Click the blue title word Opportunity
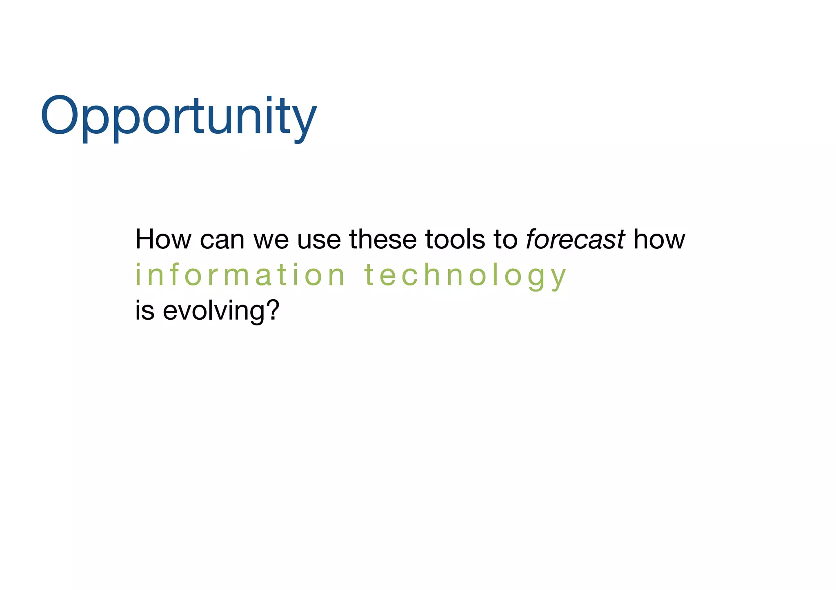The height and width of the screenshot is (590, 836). click(178, 116)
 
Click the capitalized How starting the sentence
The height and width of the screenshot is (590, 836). click(163, 239)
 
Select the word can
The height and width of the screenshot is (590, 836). click(222, 240)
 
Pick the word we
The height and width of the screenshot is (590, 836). click(271, 240)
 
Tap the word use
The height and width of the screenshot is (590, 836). click(319, 240)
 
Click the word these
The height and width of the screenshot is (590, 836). click(382, 239)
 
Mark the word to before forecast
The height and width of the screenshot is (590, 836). click(505, 240)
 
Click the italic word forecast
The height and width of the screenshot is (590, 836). click(575, 239)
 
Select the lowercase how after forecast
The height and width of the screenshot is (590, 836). click(659, 239)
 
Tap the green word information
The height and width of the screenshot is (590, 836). click(240, 275)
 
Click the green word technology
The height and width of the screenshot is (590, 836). click(465, 276)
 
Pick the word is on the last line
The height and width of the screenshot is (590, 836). click(145, 311)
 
